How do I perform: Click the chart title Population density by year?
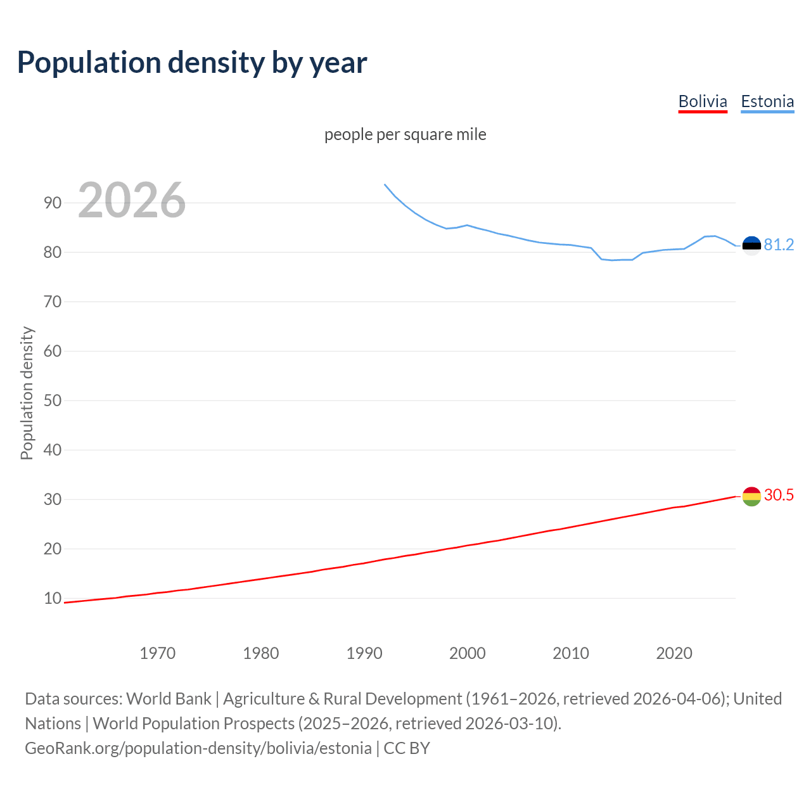[192, 62]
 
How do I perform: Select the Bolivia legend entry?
[703, 101]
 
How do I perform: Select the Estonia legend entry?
[767, 101]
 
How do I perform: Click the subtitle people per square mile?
[405, 134]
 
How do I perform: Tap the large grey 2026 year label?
[132, 200]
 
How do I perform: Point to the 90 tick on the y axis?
[53, 203]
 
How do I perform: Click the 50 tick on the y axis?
[53, 400]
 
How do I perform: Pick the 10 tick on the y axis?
[53, 598]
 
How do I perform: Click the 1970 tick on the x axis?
[157, 653]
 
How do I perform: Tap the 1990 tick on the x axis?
[364, 653]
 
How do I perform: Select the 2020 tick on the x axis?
[674, 653]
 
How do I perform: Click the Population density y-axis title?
[27, 393]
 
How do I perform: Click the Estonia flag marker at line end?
[751, 245]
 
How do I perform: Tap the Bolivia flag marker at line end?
[751, 496]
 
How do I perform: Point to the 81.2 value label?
[779, 245]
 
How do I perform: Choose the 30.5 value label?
[779, 495]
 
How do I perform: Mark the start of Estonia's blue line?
[385, 184]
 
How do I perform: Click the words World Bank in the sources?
[169, 698]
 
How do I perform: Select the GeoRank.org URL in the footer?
[198, 748]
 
